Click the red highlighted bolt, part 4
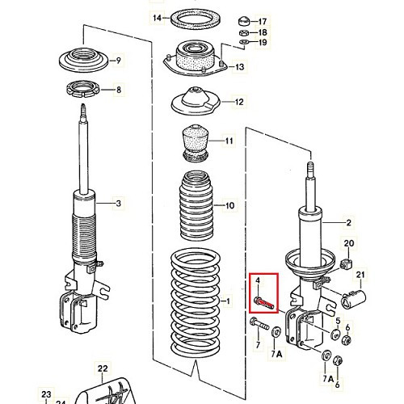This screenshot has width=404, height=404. click(263, 302)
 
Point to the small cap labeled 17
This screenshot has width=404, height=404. click(243, 21)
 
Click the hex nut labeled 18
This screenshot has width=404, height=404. click(243, 33)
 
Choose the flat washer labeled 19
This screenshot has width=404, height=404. click(244, 42)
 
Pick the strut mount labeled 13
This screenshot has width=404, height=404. click(195, 59)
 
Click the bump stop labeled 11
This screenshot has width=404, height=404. click(196, 143)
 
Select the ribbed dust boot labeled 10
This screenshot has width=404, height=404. click(196, 205)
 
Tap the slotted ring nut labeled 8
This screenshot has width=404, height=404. click(82, 90)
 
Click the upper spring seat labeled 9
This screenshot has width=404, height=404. click(83, 60)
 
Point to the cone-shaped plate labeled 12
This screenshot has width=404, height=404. click(196, 102)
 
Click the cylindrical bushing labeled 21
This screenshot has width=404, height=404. click(353, 298)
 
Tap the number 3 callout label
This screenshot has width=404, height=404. click(119, 204)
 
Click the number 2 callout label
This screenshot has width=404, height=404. click(348, 223)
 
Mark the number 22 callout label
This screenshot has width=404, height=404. click(103, 368)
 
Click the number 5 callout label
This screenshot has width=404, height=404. click(338, 321)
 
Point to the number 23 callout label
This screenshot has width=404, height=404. click(46, 394)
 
